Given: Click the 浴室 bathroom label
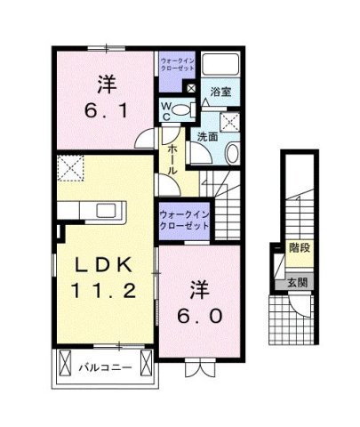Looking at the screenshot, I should tap(221, 92).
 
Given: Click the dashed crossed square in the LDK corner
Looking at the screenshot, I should tap(70, 166).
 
